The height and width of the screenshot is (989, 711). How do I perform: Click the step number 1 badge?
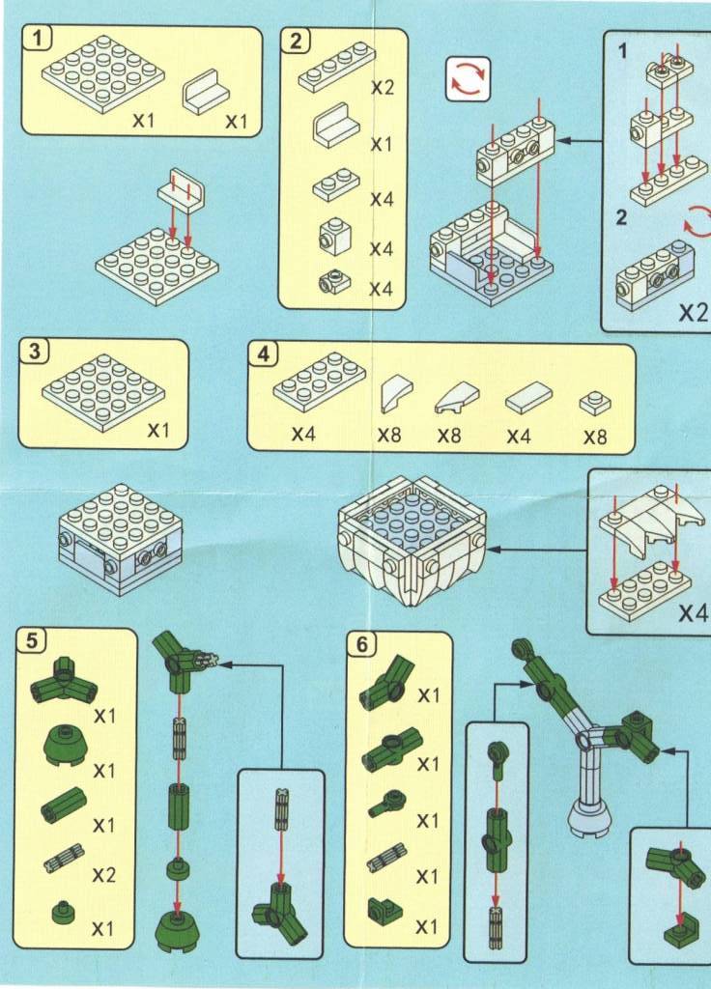click(x=35, y=39)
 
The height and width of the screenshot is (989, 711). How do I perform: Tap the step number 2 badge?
click(x=295, y=40)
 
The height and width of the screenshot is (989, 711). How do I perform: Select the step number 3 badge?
click(x=34, y=352)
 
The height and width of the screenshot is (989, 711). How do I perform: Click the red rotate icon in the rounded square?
click(x=468, y=78)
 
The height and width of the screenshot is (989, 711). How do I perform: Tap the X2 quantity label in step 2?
click(x=384, y=87)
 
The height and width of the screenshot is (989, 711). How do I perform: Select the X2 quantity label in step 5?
click(x=103, y=876)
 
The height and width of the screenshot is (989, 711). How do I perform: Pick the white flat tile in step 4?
click(x=527, y=396)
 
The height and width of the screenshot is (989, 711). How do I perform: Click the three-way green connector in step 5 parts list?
click(x=65, y=683)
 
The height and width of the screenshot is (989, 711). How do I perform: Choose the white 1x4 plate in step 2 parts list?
click(x=336, y=66)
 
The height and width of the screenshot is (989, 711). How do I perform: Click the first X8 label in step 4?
click(x=388, y=436)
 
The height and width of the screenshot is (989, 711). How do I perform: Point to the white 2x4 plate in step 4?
click(x=319, y=381)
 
